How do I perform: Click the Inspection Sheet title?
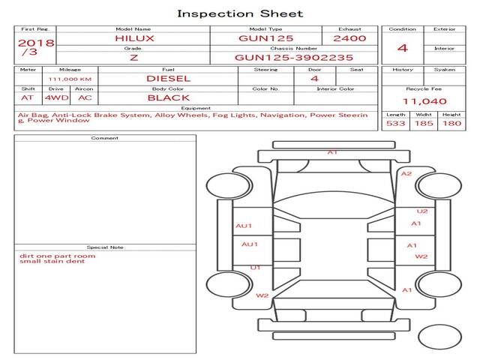(240, 13)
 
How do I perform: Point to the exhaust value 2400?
(349, 37)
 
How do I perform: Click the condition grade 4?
(403, 48)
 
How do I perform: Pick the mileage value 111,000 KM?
(70, 79)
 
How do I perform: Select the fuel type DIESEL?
(169, 78)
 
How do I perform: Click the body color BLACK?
(169, 97)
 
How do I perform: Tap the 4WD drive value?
(54, 97)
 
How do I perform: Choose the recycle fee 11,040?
(424, 101)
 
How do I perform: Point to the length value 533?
(396, 123)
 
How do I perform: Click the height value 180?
(451, 123)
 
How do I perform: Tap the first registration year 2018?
(35, 43)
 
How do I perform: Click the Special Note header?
(104, 247)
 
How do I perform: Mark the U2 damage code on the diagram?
(422, 211)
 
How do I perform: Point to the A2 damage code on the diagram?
(406, 174)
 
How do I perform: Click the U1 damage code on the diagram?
(255, 267)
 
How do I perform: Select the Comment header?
(104, 138)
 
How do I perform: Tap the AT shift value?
(28, 97)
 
